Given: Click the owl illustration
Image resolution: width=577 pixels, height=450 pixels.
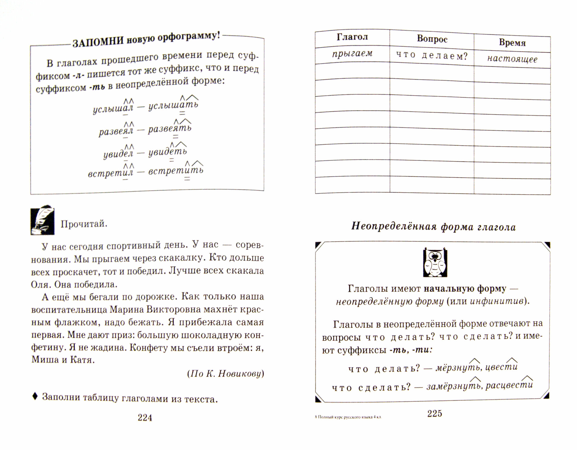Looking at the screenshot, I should pos(435,262).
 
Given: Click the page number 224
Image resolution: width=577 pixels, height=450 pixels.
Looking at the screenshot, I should pos(145,417).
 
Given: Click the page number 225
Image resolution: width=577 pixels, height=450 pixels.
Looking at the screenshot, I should pos(434,413).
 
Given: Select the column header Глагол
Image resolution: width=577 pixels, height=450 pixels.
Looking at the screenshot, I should pos(352,38).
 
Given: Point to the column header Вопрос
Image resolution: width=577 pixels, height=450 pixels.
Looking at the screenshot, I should pos(432,39).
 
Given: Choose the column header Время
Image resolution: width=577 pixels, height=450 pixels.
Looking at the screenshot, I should pos(512,43).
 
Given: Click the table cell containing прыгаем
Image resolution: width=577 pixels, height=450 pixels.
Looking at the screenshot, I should pos(352,54).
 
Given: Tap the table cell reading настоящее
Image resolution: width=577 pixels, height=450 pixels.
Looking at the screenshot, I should pos(512,59).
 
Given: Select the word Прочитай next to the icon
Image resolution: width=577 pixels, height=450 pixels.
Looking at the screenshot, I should pos(84,224).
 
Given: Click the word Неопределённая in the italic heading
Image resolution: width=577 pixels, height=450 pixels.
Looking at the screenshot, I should pos(393,227).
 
